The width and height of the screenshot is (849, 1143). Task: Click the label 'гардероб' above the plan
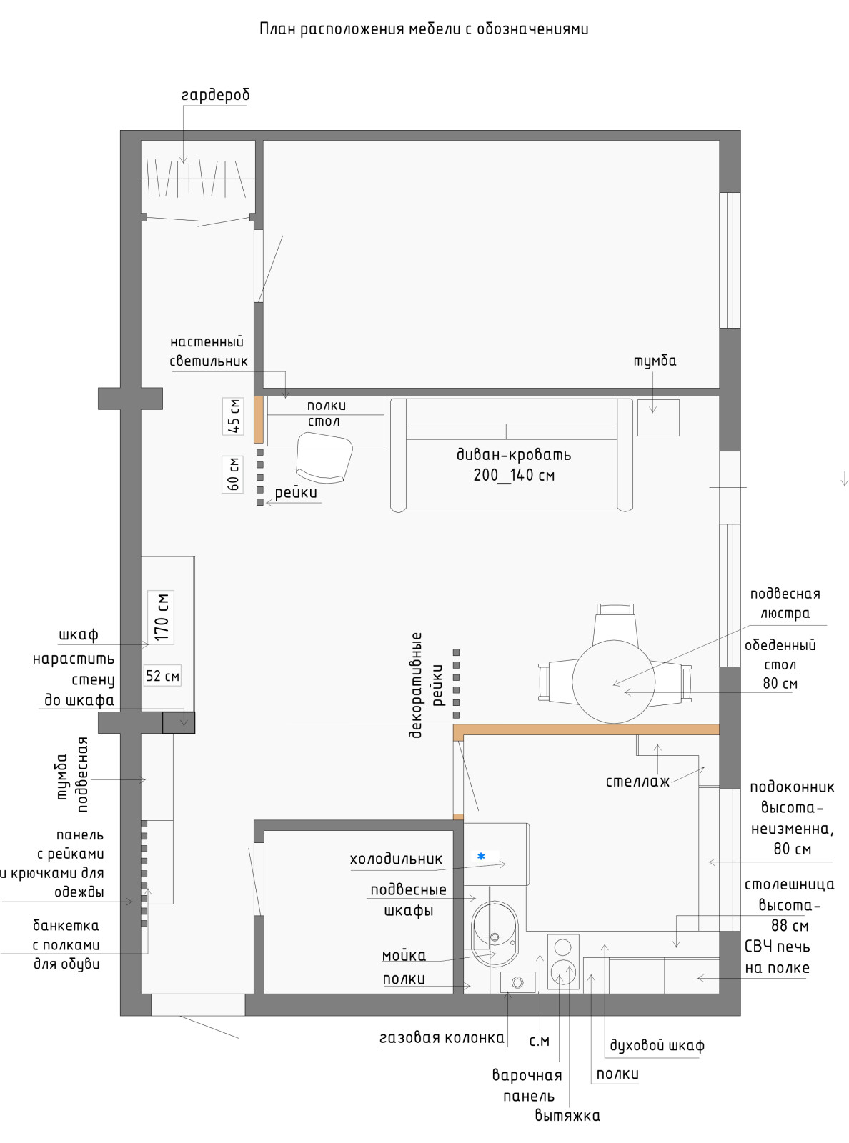point(216,95)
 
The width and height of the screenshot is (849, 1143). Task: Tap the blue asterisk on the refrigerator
point(481,856)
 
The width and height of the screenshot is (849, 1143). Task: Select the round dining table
point(613,682)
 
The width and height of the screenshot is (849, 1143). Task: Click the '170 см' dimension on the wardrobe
point(161,617)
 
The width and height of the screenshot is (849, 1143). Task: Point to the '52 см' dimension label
point(162,676)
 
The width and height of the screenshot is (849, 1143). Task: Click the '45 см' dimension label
point(233,416)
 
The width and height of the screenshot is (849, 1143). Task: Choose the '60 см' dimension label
point(233,474)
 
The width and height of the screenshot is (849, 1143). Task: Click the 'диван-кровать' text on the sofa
point(513,455)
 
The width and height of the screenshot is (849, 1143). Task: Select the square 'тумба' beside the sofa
point(658,418)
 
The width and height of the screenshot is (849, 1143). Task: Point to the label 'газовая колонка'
point(442,1037)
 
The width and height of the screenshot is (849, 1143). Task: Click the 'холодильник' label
point(396,859)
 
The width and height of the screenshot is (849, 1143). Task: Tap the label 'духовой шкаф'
point(657,1045)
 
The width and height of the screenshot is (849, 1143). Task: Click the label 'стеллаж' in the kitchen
point(637,782)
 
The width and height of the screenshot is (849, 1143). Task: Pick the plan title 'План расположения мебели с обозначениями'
point(424,29)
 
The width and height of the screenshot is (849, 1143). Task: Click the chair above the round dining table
point(615,624)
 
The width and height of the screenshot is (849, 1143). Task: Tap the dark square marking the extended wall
point(179,722)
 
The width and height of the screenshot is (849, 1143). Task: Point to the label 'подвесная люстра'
point(785,604)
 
